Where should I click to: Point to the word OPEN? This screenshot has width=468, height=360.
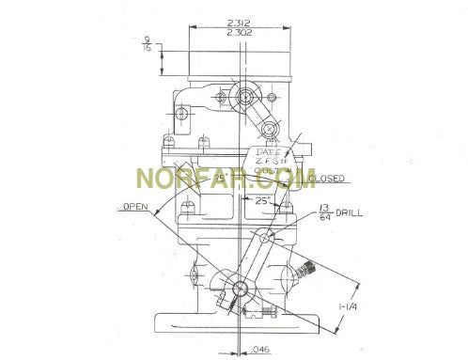pos(134,207)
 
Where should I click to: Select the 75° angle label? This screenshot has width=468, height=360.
pos(219,176)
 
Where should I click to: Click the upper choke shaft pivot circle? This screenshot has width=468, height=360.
pos(247,95)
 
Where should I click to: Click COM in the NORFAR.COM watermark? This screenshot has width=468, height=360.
pos(295,177)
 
